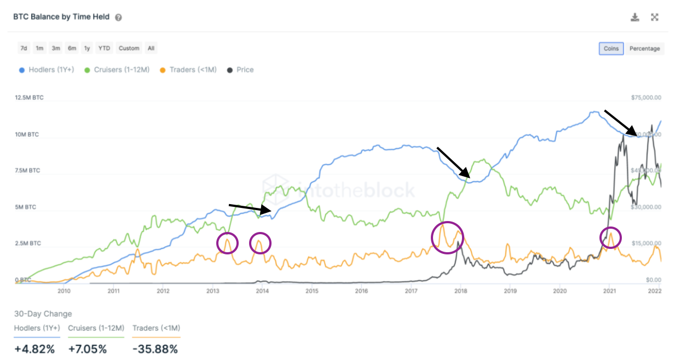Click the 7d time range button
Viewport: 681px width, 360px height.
(24, 48)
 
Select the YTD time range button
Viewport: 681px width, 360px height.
(104, 48)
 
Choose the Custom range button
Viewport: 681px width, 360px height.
(129, 48)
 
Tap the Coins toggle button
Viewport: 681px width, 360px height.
(611, 49)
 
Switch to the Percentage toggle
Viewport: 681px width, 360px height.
(644, 49)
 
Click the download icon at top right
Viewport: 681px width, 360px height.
(635, 17)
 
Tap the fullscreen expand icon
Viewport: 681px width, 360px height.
(654, 17)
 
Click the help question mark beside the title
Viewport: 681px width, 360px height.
(118, 18)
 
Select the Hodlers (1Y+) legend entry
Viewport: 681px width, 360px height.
(50, 70)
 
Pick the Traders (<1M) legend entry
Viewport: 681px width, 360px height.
(189, 70)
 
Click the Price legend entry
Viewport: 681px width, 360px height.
(240, 70)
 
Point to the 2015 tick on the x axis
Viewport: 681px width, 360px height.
(311, 291)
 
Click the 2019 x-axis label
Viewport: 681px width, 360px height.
(510, 291)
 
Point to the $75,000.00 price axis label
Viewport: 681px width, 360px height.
(646, 98)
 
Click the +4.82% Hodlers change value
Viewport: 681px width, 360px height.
(34, 349)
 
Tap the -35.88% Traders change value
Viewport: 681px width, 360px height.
(155, 349)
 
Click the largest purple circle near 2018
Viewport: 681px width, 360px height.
(447, 237)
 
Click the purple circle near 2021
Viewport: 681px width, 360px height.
(610, 237)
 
